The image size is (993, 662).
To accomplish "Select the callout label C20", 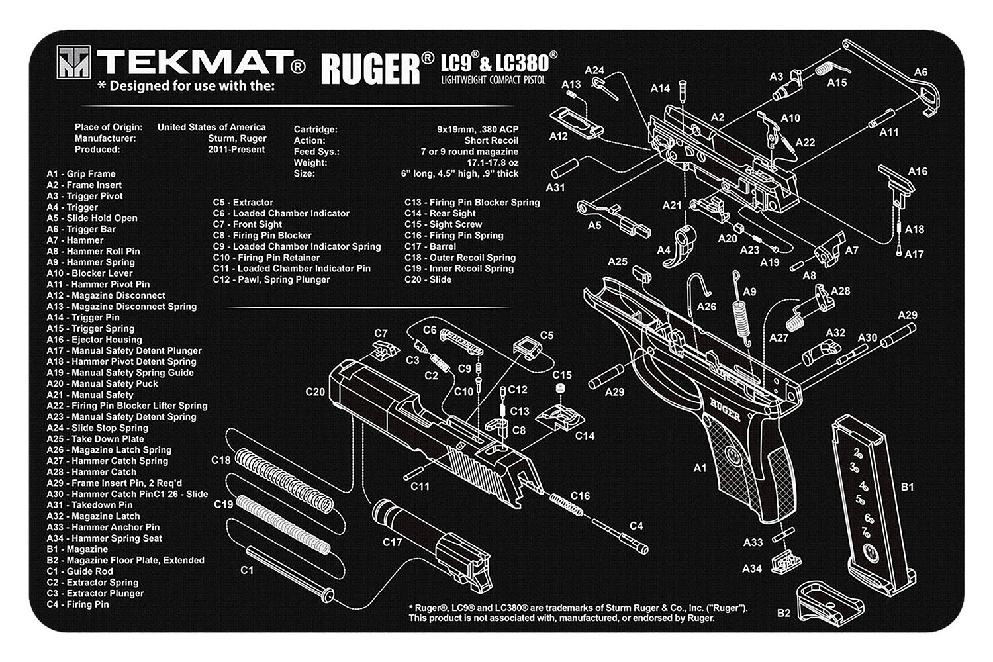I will (315, 391).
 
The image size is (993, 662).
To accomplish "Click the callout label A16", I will (917, 171).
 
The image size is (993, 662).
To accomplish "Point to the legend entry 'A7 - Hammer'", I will (75, 240).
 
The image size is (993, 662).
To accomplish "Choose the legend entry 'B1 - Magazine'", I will (77, 549).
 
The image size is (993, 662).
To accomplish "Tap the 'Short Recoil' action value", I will (491, 140).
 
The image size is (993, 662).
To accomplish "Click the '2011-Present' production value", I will (236, 150).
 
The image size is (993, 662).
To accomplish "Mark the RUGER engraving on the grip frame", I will (726, 404).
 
